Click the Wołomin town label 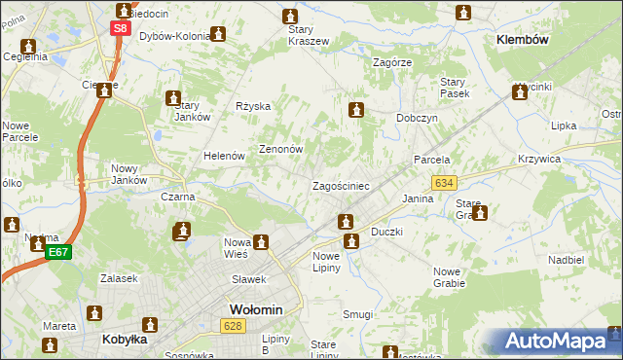pos(255,309)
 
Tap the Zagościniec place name pos(340,185)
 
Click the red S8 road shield pos(119,29)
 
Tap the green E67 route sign pos(58,252)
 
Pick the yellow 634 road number pos(445,182)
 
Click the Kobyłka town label pos(125,340)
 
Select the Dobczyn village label pos(417,118)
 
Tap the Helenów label pos(222,156)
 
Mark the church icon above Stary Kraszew pos(290,17)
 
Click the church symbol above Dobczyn pos(357,110)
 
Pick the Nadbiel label pos(566,260)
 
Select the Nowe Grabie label pos(449,277)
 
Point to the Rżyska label pos(253,106)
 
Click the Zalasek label pos(117,278)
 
